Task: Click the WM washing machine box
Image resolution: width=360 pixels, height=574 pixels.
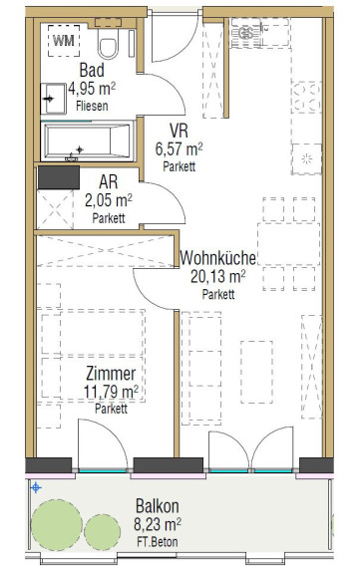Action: pos(64,40)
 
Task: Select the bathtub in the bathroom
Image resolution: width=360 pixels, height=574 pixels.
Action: pos(87,142)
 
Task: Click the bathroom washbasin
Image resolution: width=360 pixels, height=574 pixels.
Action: pos(54,99)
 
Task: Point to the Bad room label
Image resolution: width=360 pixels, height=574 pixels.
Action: pos(92,70)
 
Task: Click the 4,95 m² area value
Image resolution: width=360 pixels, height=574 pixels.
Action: pos(92,89)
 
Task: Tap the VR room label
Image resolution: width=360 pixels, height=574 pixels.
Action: pos(179,131)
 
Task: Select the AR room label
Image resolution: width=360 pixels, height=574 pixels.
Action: pos(109,181)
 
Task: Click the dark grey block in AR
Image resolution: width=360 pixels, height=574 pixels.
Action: pos(59,177)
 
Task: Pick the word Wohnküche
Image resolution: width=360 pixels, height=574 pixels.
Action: pos(218,258)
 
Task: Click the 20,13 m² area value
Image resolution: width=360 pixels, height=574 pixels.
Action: pos(218,277)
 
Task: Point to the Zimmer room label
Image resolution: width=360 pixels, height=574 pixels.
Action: pos(111,374)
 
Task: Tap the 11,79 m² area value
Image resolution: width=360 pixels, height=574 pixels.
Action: pos(111,392)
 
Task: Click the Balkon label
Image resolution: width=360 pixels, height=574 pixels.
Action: pos(158,506)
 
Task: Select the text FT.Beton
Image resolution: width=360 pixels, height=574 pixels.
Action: pos(158,542)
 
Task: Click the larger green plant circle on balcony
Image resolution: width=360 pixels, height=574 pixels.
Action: pos(57,525)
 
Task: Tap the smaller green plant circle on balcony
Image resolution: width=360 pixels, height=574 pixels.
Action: pos(102,532)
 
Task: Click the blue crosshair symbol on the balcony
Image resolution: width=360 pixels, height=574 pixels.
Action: pos(36,487)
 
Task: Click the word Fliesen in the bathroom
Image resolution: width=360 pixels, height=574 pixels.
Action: pos(92,107)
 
